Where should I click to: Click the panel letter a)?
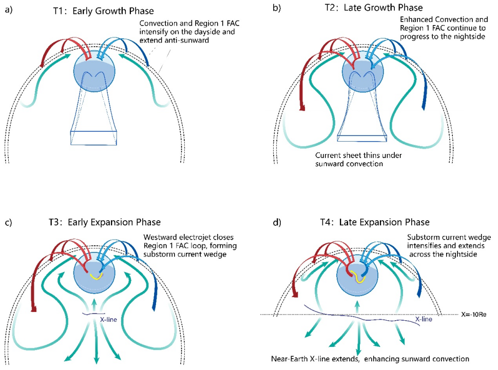click(8, 9)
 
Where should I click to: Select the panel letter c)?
click(8, 223)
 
